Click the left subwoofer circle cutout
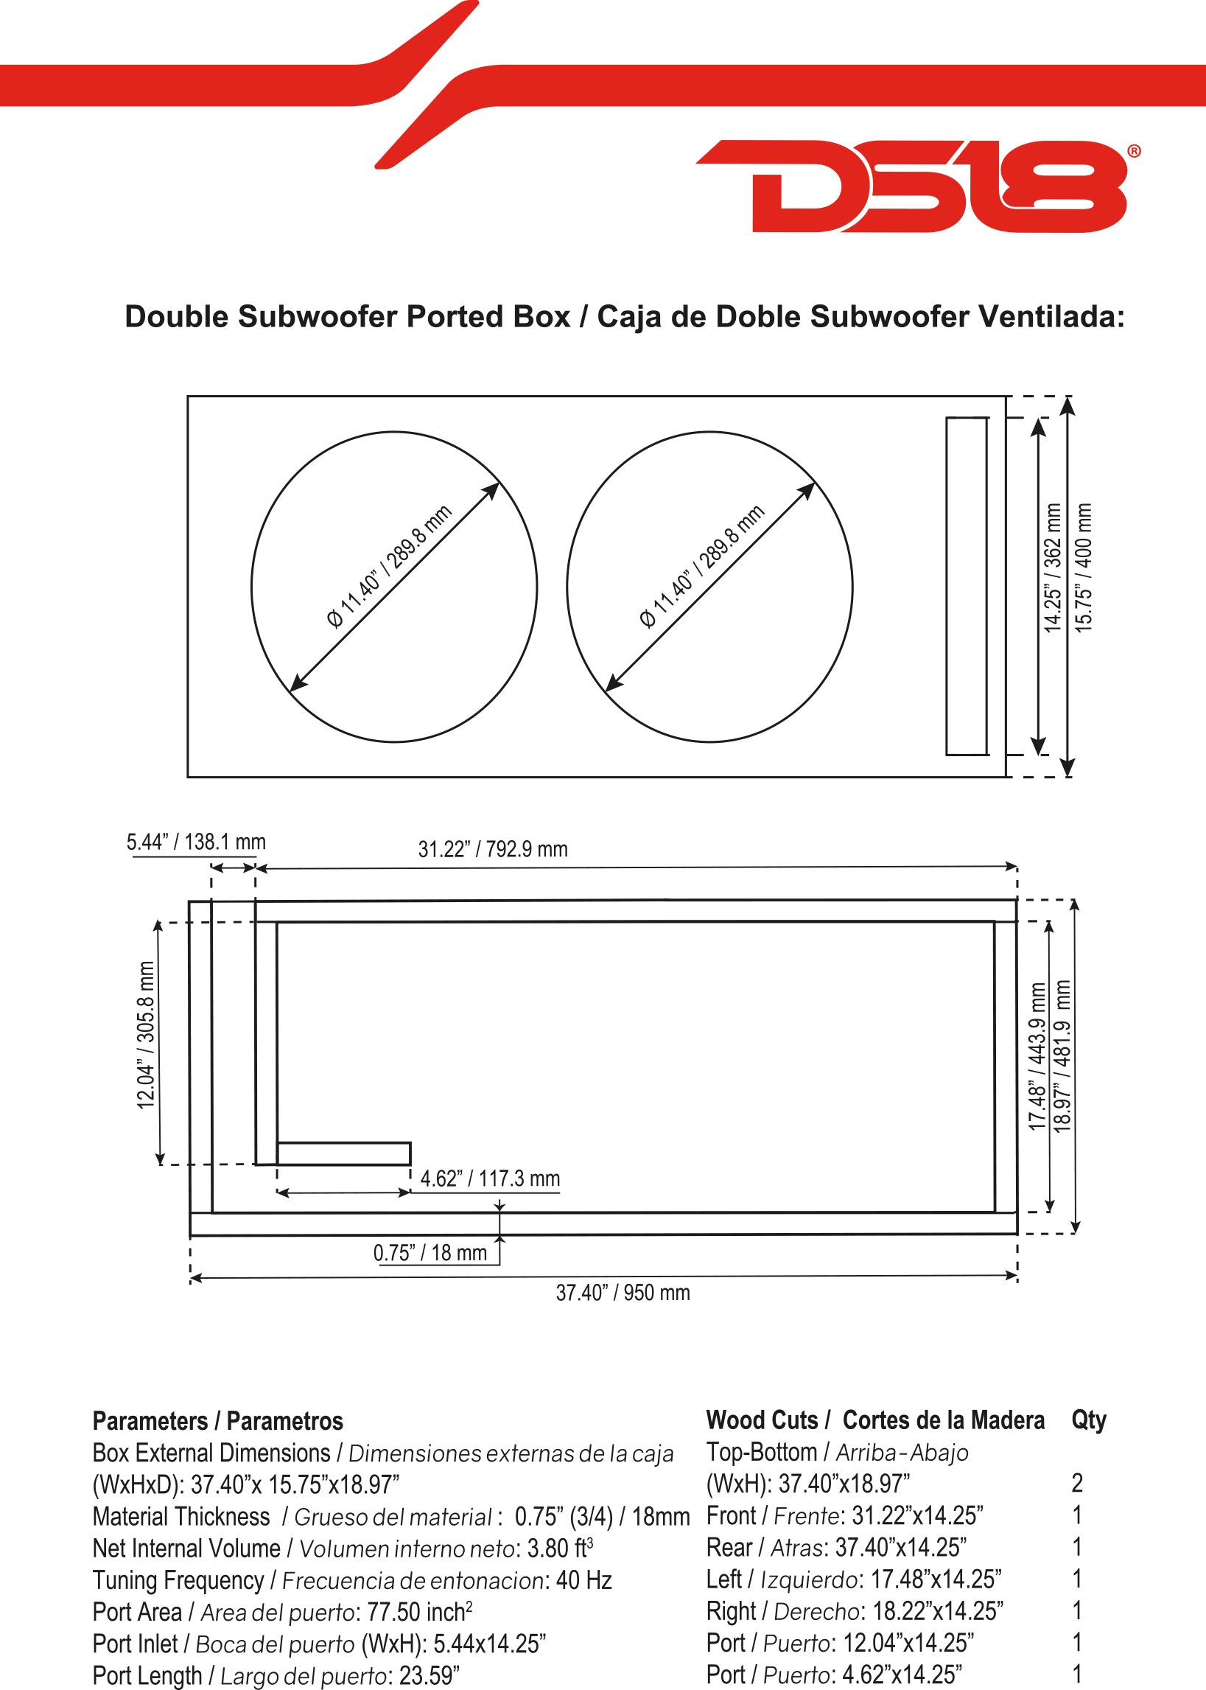point(252,587)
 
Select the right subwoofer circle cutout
point(567,587)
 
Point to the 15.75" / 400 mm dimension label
point(1084,568)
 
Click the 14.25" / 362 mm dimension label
point(1053,568)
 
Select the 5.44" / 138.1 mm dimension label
point(196,842)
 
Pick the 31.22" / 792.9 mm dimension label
point(493,849)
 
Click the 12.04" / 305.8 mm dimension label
point(147,1035)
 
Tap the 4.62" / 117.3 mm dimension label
point(490,1179)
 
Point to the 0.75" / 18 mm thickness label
point(430,1252)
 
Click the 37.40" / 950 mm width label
point(623,1293)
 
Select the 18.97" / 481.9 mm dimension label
point(1063,1055)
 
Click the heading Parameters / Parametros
point(217,1421)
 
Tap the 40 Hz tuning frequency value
point(583,1580)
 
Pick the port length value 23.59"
point(430,1676)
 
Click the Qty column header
point(1089,1420)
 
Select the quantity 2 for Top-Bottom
point(1078,1484)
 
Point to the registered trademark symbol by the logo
point(1134,152)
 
